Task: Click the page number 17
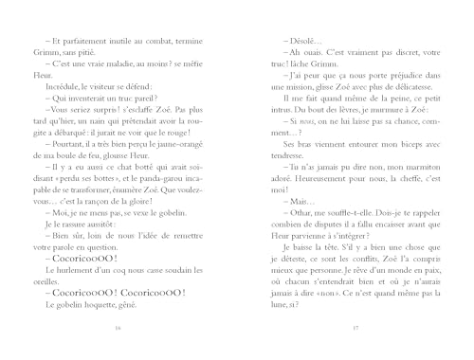click(x=354, y=327)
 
